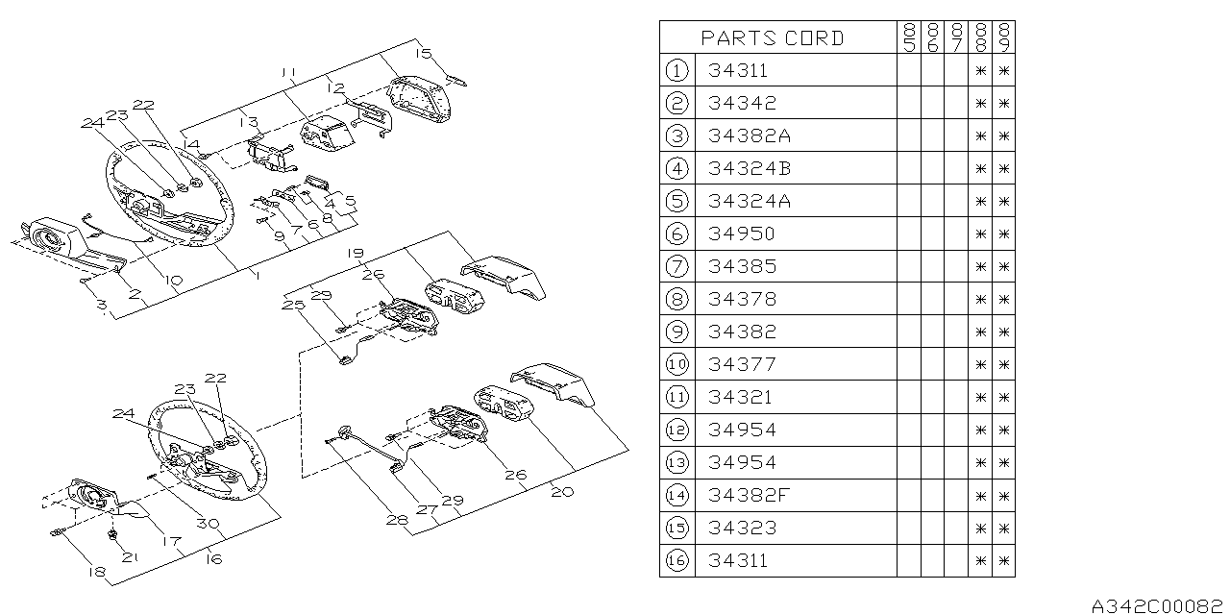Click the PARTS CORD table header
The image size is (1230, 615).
click(x=772, y=37)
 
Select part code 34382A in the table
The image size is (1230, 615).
click(x=749, y=135)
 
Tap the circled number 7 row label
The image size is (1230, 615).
click(x=676, y=266)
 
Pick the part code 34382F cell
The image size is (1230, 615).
click(x=749, y=495)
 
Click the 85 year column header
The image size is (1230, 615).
click(x=909, y=37)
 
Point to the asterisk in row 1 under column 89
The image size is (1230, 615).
click(x=1004, y=71)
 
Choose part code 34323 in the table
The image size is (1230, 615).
click(x=743, y=528)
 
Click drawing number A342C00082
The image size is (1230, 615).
click(x=1156, y=605)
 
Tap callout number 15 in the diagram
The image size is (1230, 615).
click(x=424, y=53)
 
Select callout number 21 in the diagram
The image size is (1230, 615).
click(x=130, y=557)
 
